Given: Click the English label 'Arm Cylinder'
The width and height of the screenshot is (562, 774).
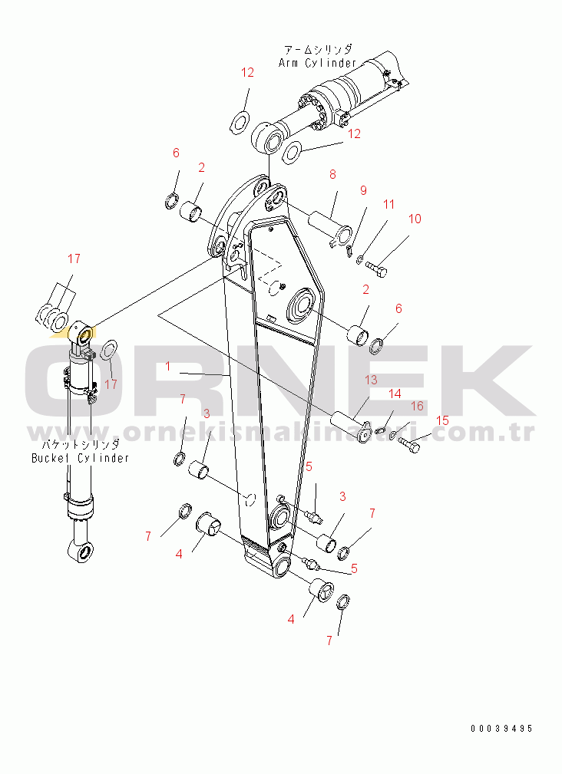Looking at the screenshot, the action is [317, 63].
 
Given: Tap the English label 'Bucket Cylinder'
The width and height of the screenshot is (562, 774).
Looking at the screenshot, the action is [80, 458].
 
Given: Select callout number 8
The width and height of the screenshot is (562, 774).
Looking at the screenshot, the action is [333, 174].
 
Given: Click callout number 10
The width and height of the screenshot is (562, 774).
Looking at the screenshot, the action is [415, 219].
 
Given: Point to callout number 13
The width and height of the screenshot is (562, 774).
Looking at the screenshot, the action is [371, 380].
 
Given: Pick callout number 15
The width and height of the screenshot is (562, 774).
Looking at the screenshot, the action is [442, 420].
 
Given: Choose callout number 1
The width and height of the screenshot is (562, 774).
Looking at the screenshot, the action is [168, 366].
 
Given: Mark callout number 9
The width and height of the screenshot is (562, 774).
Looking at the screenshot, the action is [363, 190].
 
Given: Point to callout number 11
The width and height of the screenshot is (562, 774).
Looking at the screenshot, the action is [389, 204].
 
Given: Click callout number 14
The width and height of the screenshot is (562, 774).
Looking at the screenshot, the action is [395, 394].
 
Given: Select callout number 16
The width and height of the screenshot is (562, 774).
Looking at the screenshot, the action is [418, 406].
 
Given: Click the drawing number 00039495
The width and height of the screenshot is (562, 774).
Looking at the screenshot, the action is [501, 729].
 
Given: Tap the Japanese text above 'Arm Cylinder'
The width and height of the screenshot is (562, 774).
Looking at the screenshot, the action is [318, 49].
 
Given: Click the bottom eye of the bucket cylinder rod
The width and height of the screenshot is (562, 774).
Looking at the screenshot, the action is [81, 551].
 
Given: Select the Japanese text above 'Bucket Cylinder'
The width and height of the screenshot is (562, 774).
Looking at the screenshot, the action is [80, 444].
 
